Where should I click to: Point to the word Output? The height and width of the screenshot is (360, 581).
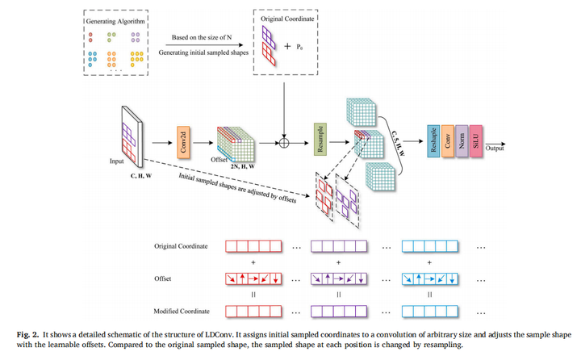click(x=495, y=148)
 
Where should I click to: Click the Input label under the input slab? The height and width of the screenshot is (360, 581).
click(x=118, y=161)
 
